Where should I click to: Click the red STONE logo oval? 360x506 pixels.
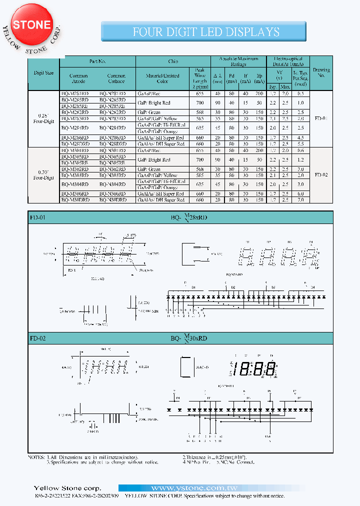coord(31,25)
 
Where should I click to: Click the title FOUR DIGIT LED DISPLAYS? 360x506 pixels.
coord(205,32)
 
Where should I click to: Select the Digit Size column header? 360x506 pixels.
coord(43,73)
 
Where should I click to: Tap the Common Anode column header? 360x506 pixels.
coord(78,78)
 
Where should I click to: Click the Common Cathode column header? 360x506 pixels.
coord(116,78)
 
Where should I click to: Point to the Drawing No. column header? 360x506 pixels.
coord(321,73)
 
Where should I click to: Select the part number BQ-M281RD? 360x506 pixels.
coord(75,93)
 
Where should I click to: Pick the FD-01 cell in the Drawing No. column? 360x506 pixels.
coord(321,119)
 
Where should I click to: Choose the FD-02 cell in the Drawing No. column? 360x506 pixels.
coord(321,175)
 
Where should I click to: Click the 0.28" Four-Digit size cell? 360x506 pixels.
coord(43,118)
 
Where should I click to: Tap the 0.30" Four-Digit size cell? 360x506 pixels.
coord(43,174)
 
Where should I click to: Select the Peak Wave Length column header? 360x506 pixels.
coord(199,78)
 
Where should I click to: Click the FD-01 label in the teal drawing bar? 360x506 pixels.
coord(37,217)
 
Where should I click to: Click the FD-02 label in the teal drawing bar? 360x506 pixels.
coord(37,338)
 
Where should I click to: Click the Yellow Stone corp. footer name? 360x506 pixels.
coord(67,488)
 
